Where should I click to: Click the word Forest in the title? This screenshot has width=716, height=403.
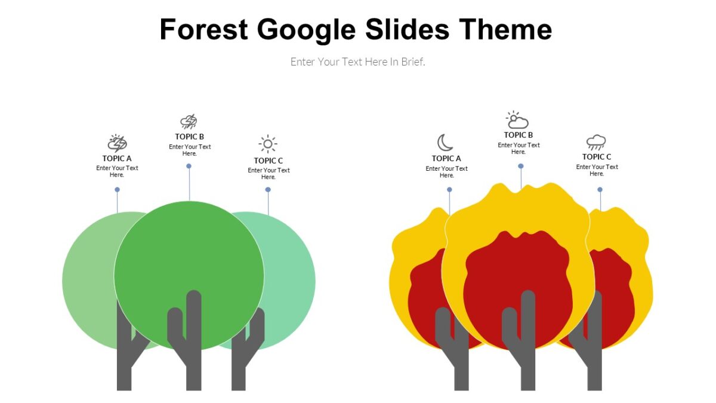click(203, 29)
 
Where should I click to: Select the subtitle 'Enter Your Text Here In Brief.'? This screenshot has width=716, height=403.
click(357, 61)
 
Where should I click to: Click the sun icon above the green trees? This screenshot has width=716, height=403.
click(268, 144)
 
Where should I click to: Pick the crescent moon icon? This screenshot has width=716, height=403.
click(445, 143)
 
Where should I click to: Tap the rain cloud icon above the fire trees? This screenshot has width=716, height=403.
click(596, 142)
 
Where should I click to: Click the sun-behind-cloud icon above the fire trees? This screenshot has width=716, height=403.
click(517, 120)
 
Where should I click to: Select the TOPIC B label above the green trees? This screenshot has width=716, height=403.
click(190, 137)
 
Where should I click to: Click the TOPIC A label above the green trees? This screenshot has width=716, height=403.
click(117, 158)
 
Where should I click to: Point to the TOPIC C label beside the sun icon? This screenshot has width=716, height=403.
click(268, 160)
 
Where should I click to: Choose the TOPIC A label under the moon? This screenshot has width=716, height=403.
click(446, 158)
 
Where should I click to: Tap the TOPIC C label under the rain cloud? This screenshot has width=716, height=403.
click(597, 157)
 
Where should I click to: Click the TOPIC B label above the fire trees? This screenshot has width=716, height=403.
click(519, 135)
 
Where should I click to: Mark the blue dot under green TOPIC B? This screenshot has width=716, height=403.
click(189, 166)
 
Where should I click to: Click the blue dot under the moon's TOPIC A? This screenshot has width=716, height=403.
click(449, 190)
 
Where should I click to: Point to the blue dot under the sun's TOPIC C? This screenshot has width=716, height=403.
click(268, 190)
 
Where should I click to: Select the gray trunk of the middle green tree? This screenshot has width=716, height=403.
click(193, 358)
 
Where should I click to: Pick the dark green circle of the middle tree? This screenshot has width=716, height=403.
click(189, 251)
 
